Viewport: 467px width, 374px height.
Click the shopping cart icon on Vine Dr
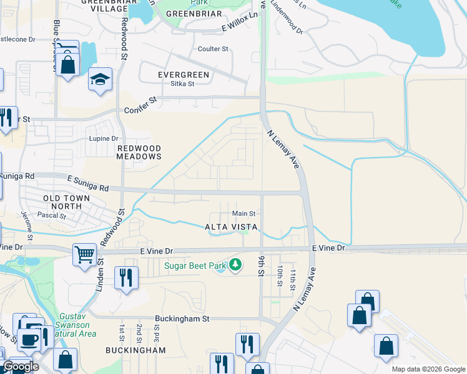coord(84,254)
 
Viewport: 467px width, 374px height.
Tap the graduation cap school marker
coord(100,79)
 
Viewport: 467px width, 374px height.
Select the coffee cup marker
coord(29,340)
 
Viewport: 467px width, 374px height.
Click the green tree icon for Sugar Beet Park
coord(235,265)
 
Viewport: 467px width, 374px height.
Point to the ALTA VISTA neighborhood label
coord(228,227)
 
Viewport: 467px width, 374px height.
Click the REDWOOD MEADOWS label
coord(139,152)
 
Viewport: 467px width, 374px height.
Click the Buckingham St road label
coord(182,319)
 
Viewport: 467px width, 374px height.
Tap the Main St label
coord(244,214)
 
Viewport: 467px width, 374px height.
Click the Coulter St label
coord(214,49)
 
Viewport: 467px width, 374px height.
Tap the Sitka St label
coord(182,84)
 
